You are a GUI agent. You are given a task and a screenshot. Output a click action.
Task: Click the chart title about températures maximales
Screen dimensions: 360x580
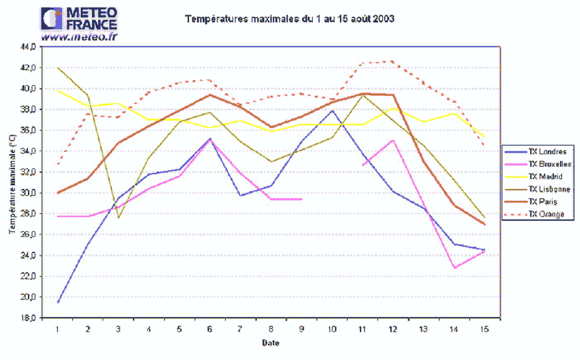click(290, 19)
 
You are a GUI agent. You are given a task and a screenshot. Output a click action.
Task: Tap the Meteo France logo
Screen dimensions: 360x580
click(79, 19)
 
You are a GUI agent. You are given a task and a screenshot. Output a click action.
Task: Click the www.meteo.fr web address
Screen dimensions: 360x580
click(79, 37)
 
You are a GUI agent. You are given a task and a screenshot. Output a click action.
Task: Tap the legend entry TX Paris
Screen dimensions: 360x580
click(544, 202)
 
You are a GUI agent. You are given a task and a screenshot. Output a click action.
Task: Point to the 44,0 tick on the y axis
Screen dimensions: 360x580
click(29, 47)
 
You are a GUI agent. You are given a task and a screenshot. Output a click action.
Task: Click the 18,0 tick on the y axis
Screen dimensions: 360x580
click(29, 318)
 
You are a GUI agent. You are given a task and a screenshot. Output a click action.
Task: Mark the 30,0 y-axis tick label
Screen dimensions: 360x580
click(29, 193)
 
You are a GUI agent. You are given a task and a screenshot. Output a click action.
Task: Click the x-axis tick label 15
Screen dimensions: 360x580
click(485, 328)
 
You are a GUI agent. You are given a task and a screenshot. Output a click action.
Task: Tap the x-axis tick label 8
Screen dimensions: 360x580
click(271, 328)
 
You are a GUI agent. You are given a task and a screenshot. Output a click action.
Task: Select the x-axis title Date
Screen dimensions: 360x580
click(270, 343)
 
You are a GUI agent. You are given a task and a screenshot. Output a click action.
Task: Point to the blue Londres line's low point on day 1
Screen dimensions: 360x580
click(58, 302)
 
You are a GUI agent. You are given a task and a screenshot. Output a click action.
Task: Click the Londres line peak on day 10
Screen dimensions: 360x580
click(333, 111)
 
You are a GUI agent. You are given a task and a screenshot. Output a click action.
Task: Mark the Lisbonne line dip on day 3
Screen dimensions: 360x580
click(119, 218)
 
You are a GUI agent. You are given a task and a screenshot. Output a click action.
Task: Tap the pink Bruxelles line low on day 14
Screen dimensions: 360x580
click(454, 268)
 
